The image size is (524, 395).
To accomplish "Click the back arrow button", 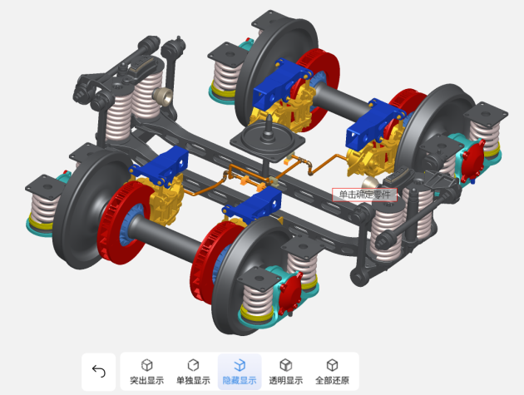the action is pos(99,371).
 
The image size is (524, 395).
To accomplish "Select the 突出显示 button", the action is pos(146,372).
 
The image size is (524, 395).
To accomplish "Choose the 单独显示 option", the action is pos(193,372).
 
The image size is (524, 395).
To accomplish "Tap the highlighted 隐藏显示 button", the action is pos(240,372).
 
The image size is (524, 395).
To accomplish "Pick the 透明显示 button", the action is pos(286,372).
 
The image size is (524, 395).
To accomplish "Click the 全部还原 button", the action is pos(332,372).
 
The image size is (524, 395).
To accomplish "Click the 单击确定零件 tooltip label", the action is pos(364,195).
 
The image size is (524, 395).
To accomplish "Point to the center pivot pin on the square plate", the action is pos(268,126).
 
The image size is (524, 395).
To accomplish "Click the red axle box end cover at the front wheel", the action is pos(289,294).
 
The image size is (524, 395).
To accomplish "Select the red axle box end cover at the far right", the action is pos(472,160).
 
